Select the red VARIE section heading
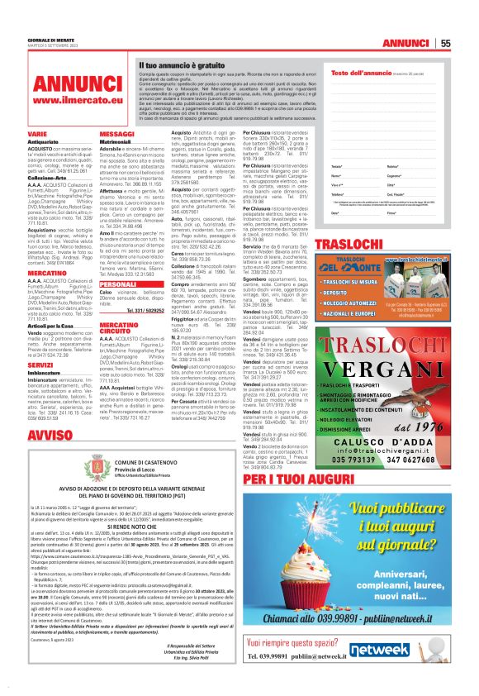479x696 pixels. [x=38, y=132]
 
